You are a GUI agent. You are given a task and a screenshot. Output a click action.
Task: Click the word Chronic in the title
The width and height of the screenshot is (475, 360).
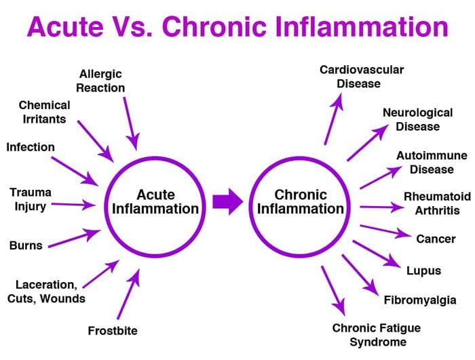pos(214,26)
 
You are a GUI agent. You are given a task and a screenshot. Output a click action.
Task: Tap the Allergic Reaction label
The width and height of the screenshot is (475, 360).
pos(100,81)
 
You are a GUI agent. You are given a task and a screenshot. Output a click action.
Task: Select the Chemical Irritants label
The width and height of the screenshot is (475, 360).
pos(44,112)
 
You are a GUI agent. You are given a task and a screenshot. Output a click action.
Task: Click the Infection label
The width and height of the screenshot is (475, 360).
pos(31,147)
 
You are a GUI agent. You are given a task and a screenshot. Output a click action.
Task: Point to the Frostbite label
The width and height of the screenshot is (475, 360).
pos(113,331)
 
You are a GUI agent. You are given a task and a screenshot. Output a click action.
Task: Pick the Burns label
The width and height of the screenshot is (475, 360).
pos(26,245)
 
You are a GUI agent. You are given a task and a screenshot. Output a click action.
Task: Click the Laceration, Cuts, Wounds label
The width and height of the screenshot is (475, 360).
pos(46,292)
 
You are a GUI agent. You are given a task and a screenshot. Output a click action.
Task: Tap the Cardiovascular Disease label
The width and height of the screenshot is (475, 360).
pos(362,77)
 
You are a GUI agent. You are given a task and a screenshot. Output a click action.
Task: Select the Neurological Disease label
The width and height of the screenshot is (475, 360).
pos(418,119)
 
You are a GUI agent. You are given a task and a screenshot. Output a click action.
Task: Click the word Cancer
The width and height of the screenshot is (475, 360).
pos(436,239)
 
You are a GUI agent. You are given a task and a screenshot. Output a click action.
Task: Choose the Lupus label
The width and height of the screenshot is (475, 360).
pos(423,271)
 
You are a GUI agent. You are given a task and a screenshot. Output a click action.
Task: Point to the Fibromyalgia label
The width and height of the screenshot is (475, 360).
pos(420,300)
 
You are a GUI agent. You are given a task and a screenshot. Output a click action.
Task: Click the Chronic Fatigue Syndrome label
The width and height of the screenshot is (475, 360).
pos(377,335)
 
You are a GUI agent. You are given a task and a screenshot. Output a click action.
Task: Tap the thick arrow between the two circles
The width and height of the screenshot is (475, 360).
pos(227,201)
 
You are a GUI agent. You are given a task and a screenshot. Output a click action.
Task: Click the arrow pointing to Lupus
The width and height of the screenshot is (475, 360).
pos(377,254)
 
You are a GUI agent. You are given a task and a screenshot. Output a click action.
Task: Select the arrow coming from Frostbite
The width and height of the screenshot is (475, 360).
pos(128,294)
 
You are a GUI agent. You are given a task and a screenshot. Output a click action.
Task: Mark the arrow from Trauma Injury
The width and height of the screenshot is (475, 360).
pos(73,205)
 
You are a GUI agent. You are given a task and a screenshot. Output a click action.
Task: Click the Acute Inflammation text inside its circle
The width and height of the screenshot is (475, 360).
pos(155,201)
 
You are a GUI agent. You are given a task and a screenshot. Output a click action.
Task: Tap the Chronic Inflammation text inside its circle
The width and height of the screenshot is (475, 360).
pos(301,201)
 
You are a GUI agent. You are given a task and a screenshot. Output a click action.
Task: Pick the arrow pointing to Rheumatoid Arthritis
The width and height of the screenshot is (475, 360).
pos(382,207)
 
